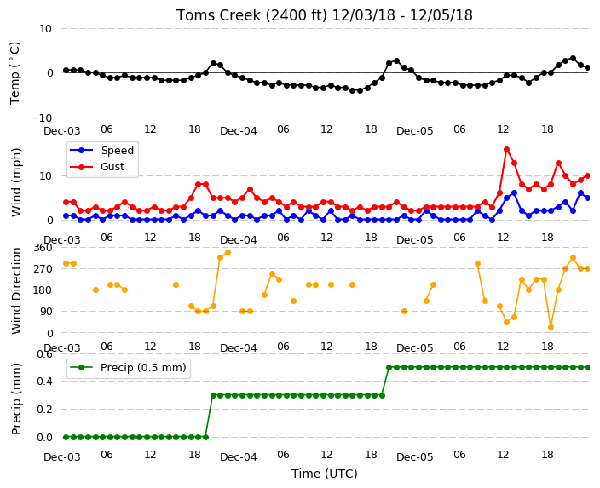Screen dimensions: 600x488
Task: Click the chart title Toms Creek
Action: [x=218, y=15]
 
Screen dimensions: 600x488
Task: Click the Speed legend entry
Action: [x=101, y=150]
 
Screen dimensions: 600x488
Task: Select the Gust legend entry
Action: [x=97, y=167]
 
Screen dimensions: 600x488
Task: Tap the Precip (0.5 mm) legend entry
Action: [x=128, y=368]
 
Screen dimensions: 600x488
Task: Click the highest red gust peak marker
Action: [x=506, y=150]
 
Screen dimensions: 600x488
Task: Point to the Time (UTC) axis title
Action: [x=325, y=474]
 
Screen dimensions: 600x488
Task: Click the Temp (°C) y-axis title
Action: [x=14, y=73]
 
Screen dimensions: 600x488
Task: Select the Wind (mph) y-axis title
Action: [x=16, y=183]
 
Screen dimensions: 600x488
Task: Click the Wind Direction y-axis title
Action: [x=16, y=290]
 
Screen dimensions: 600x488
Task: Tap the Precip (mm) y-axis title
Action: [x=16, y=399]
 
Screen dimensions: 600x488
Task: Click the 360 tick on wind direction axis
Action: [x=43, y=248]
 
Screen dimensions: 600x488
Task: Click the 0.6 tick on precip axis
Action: [x=45, y=354]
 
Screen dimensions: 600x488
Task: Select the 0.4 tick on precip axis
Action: [x=45, y=382]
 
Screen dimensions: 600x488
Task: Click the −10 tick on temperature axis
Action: [x=42, y=118]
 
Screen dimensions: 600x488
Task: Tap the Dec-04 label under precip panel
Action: [x=239, y=456]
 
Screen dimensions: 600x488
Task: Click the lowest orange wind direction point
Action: [x=551, y=327]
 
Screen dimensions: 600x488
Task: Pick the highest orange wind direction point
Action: [x=228, y=252]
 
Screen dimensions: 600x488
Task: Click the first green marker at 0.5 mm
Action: [x=389, y=368]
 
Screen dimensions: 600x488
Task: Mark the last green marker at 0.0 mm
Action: [x=205, y=437]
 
